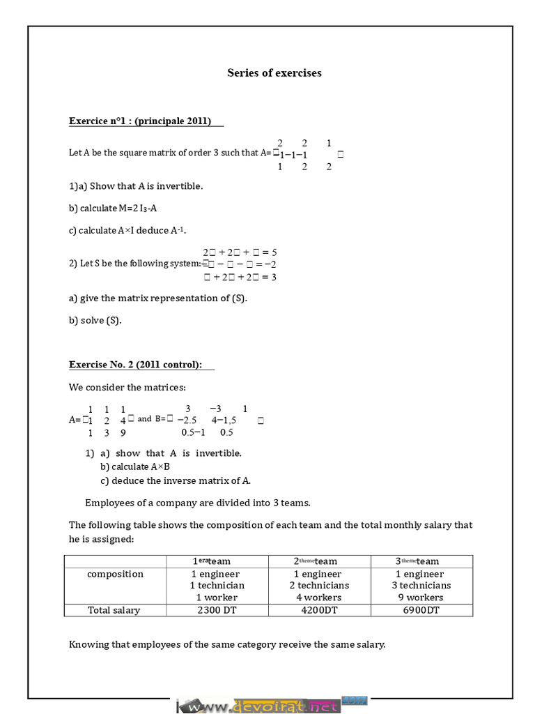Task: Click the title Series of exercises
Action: (274, 73)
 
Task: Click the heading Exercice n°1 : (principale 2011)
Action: (139, 121)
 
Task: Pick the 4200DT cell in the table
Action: (319, 610)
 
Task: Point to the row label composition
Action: (115, 574)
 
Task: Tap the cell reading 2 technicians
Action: (319, 586)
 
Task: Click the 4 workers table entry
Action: (319, 598)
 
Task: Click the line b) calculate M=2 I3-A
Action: (117, 208)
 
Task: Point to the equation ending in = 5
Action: (240, 252)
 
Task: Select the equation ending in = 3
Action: (240, 277)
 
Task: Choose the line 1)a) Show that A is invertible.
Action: (136, 186)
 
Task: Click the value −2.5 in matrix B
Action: (187, 420)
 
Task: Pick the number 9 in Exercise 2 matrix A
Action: (123, 432)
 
